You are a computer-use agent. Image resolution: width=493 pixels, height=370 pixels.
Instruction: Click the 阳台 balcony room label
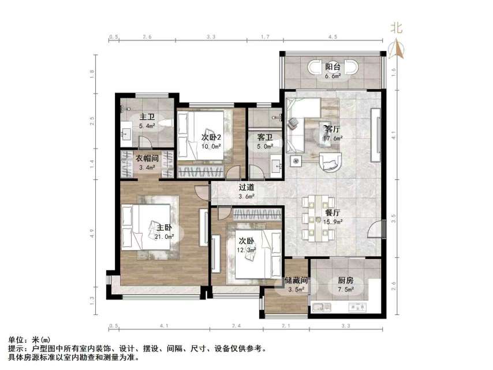point(331,66)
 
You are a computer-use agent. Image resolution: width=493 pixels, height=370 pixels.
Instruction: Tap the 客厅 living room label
point(332,129)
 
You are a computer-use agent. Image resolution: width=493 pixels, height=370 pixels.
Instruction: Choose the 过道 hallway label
point(246,187)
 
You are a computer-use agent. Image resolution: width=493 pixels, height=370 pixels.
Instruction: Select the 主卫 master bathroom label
point(146,116)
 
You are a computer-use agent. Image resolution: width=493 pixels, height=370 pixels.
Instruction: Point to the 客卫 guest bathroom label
point(264,138)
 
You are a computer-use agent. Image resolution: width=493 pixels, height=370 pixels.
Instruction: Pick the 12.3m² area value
point(246,249)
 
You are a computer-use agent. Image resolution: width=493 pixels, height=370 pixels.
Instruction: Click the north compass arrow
point(397,49)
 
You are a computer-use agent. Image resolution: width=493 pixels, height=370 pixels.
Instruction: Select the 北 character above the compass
point(397,27)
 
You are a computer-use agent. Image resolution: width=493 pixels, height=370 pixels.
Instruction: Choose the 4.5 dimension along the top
point(333,37)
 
